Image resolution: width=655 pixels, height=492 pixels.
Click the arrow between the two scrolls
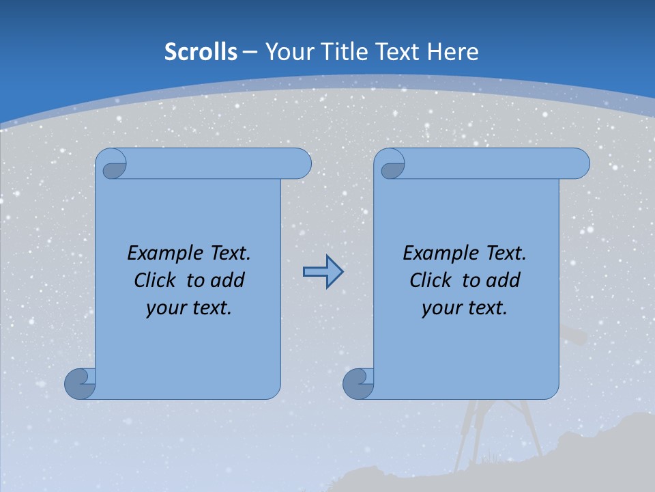323,271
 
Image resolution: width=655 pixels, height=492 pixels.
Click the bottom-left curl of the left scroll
80,383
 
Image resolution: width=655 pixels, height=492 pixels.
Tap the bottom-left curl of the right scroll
358,383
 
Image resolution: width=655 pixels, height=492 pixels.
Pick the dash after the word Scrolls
250,51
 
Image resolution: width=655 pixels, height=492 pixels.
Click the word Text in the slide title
398,51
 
